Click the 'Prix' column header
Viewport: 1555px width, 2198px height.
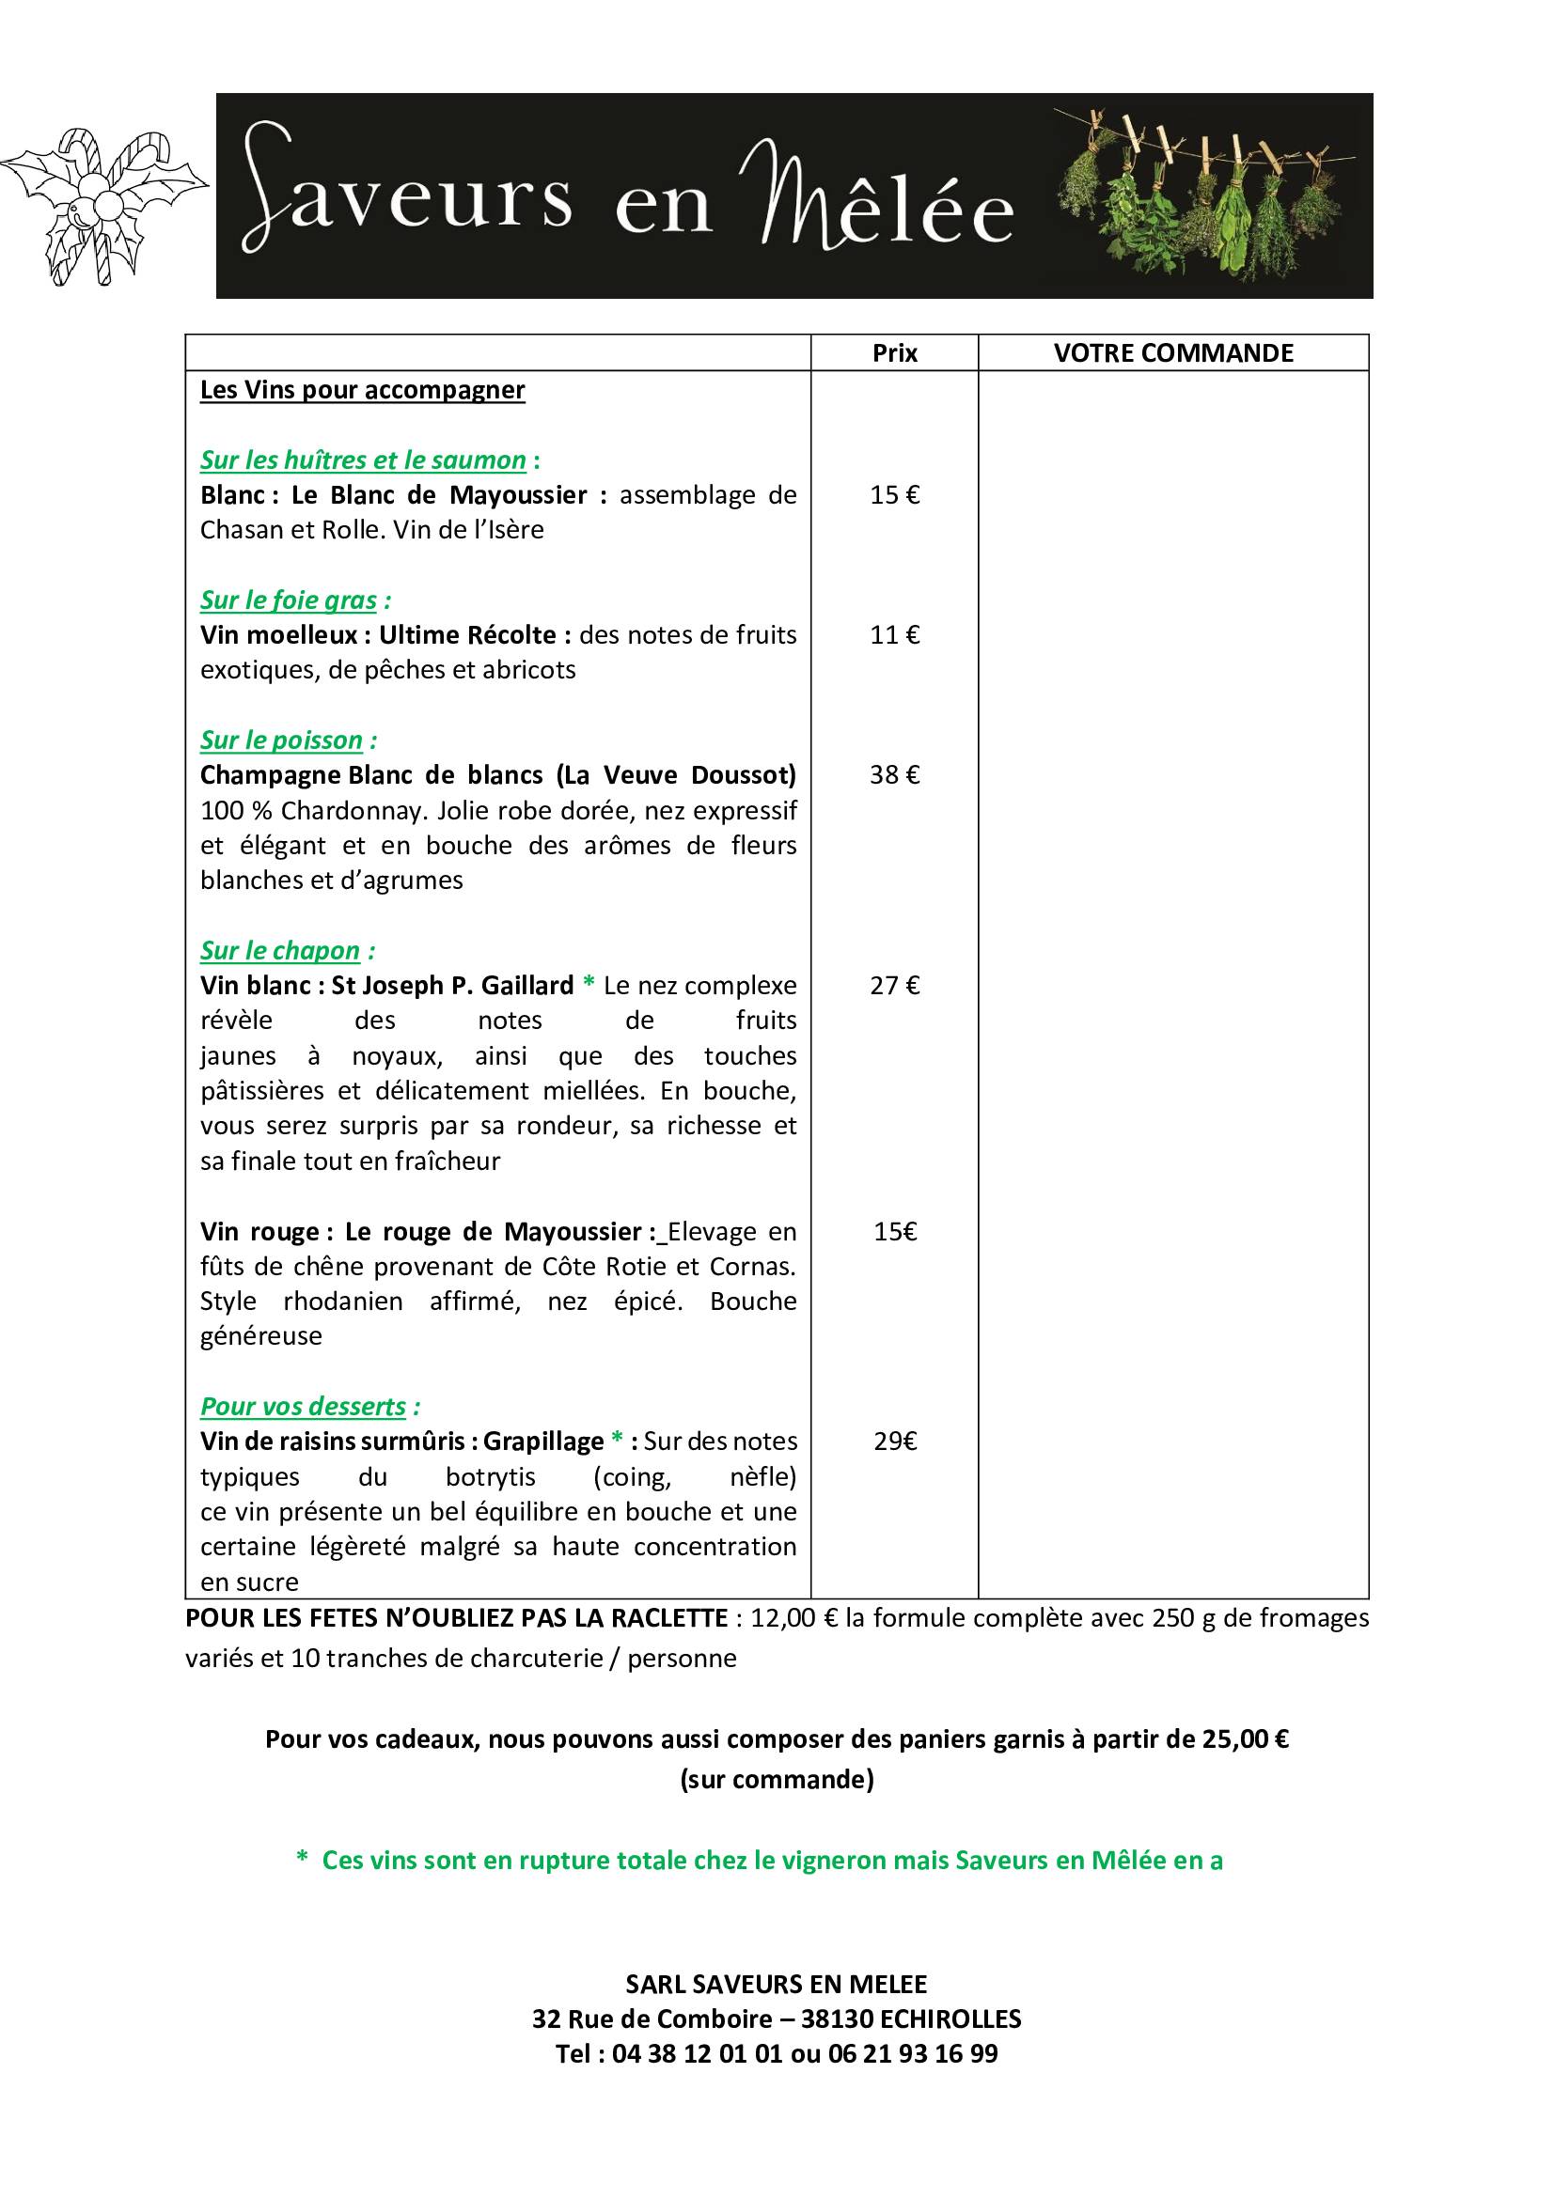(x=894, y=353)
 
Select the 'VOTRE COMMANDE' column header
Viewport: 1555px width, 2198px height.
(x=1173, y=353)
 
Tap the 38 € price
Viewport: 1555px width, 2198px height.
(x=894, y=774)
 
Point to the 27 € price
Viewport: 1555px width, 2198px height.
(x=894, y=985)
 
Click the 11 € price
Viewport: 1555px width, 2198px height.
(x=894, y=634)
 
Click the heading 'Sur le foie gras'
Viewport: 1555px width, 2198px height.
(x=289, y=600)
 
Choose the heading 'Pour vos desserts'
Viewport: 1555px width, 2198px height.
(x=304, y=1407)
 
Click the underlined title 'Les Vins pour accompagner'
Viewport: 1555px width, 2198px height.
(x=362, y=390)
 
